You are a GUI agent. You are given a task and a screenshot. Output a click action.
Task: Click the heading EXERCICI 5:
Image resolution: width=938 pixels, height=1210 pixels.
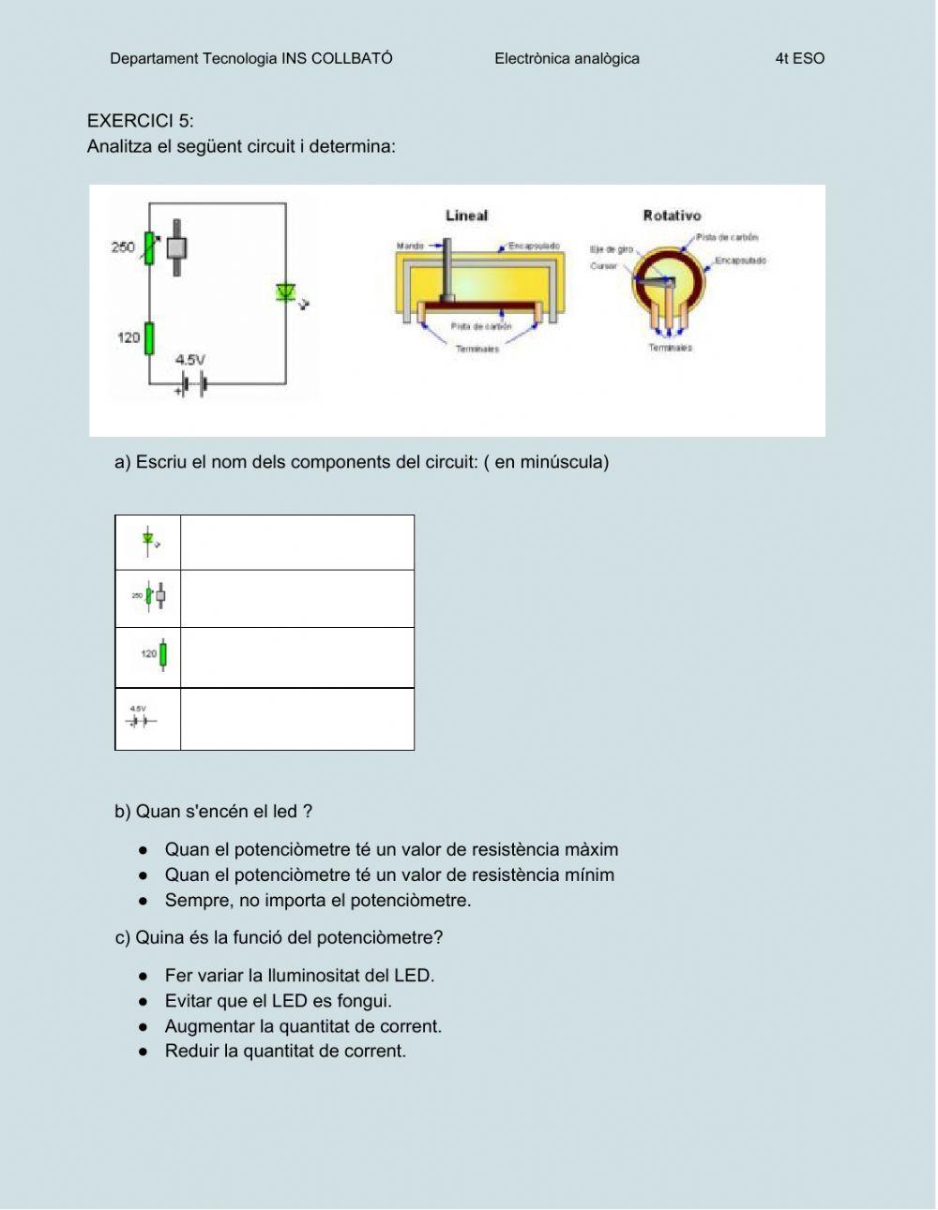pyautogui.click(x=140, y=121)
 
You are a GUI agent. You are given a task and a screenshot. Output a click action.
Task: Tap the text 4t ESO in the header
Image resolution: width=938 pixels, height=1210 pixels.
pyautogui.click(x=799, y=58)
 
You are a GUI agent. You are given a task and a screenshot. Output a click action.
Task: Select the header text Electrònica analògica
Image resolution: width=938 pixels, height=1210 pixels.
pyautogui.click(x=567, y=58)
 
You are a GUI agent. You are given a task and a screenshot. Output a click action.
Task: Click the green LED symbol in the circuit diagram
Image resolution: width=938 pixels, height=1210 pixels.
pyautogui.click(x=286, y=292)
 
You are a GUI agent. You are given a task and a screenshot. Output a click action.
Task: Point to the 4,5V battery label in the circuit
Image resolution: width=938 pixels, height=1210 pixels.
pyautogui.click(x=190, y=360)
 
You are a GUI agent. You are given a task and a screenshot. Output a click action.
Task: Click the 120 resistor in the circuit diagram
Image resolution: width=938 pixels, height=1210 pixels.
pyautogui.click(x=149, y=338)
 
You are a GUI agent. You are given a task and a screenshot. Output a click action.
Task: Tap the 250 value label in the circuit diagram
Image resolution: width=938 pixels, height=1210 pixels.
pyautogui.click(x=123, y=247)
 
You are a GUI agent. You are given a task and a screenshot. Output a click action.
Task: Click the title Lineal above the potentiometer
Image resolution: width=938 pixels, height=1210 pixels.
pyautogui.click(x=466, y=216)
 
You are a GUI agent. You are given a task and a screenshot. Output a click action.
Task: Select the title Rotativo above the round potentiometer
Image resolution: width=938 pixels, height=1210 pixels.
pyautogui.click(x=672, y=216)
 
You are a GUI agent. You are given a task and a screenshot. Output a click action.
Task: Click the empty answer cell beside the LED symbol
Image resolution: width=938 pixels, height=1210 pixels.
pyautogui.click(x=296, y=543)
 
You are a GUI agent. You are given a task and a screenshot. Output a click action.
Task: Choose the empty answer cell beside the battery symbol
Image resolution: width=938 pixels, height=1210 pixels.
pyautogui.click(x=296, y=719)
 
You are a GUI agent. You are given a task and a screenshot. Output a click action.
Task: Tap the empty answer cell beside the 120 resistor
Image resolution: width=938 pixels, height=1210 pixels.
pyautogui.click(x=296, y=657)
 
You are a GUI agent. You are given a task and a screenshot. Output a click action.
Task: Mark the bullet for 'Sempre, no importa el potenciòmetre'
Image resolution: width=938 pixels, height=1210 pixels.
pyautogui.click(x=144, y=901)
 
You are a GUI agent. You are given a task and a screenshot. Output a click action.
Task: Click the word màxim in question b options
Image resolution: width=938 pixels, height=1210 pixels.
pyautogui.click(x=591, y=850)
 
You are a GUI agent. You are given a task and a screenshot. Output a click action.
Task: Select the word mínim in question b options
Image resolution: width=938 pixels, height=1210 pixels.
pyautogui.click(x=589, y=875)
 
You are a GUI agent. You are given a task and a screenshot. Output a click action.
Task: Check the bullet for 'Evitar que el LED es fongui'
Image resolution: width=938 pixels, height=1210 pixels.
pyautogui.click(x=144, y=1001)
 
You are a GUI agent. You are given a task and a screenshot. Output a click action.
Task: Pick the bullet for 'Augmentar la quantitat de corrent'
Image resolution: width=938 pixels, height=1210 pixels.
pyautogui.click(x=144, y=1026)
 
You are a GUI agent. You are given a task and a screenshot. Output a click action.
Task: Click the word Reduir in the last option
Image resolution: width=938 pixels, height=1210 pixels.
pyautogui.click(x=190, y=1052)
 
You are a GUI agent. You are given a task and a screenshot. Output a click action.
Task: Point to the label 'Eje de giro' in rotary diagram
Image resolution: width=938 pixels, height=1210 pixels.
pyautogui.click(x=611, y=249)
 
